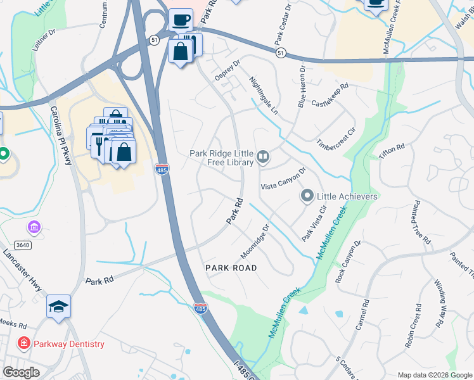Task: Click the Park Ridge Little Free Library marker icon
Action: [x=263, y=156]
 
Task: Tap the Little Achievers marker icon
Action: [x=307, y=196]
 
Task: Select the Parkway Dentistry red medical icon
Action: [x=24, y=344]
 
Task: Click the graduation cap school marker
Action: [x=58, y=307]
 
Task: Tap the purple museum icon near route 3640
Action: [x=34, y=227]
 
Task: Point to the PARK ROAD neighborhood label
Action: [x=231, y=268]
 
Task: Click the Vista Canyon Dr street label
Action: [x=283, y=179]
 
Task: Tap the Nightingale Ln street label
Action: [x=264, y=95]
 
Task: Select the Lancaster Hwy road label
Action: [x=23, y=270]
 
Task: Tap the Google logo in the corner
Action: [x=21, y=372]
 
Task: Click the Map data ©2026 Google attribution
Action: [x=435, y=374]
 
